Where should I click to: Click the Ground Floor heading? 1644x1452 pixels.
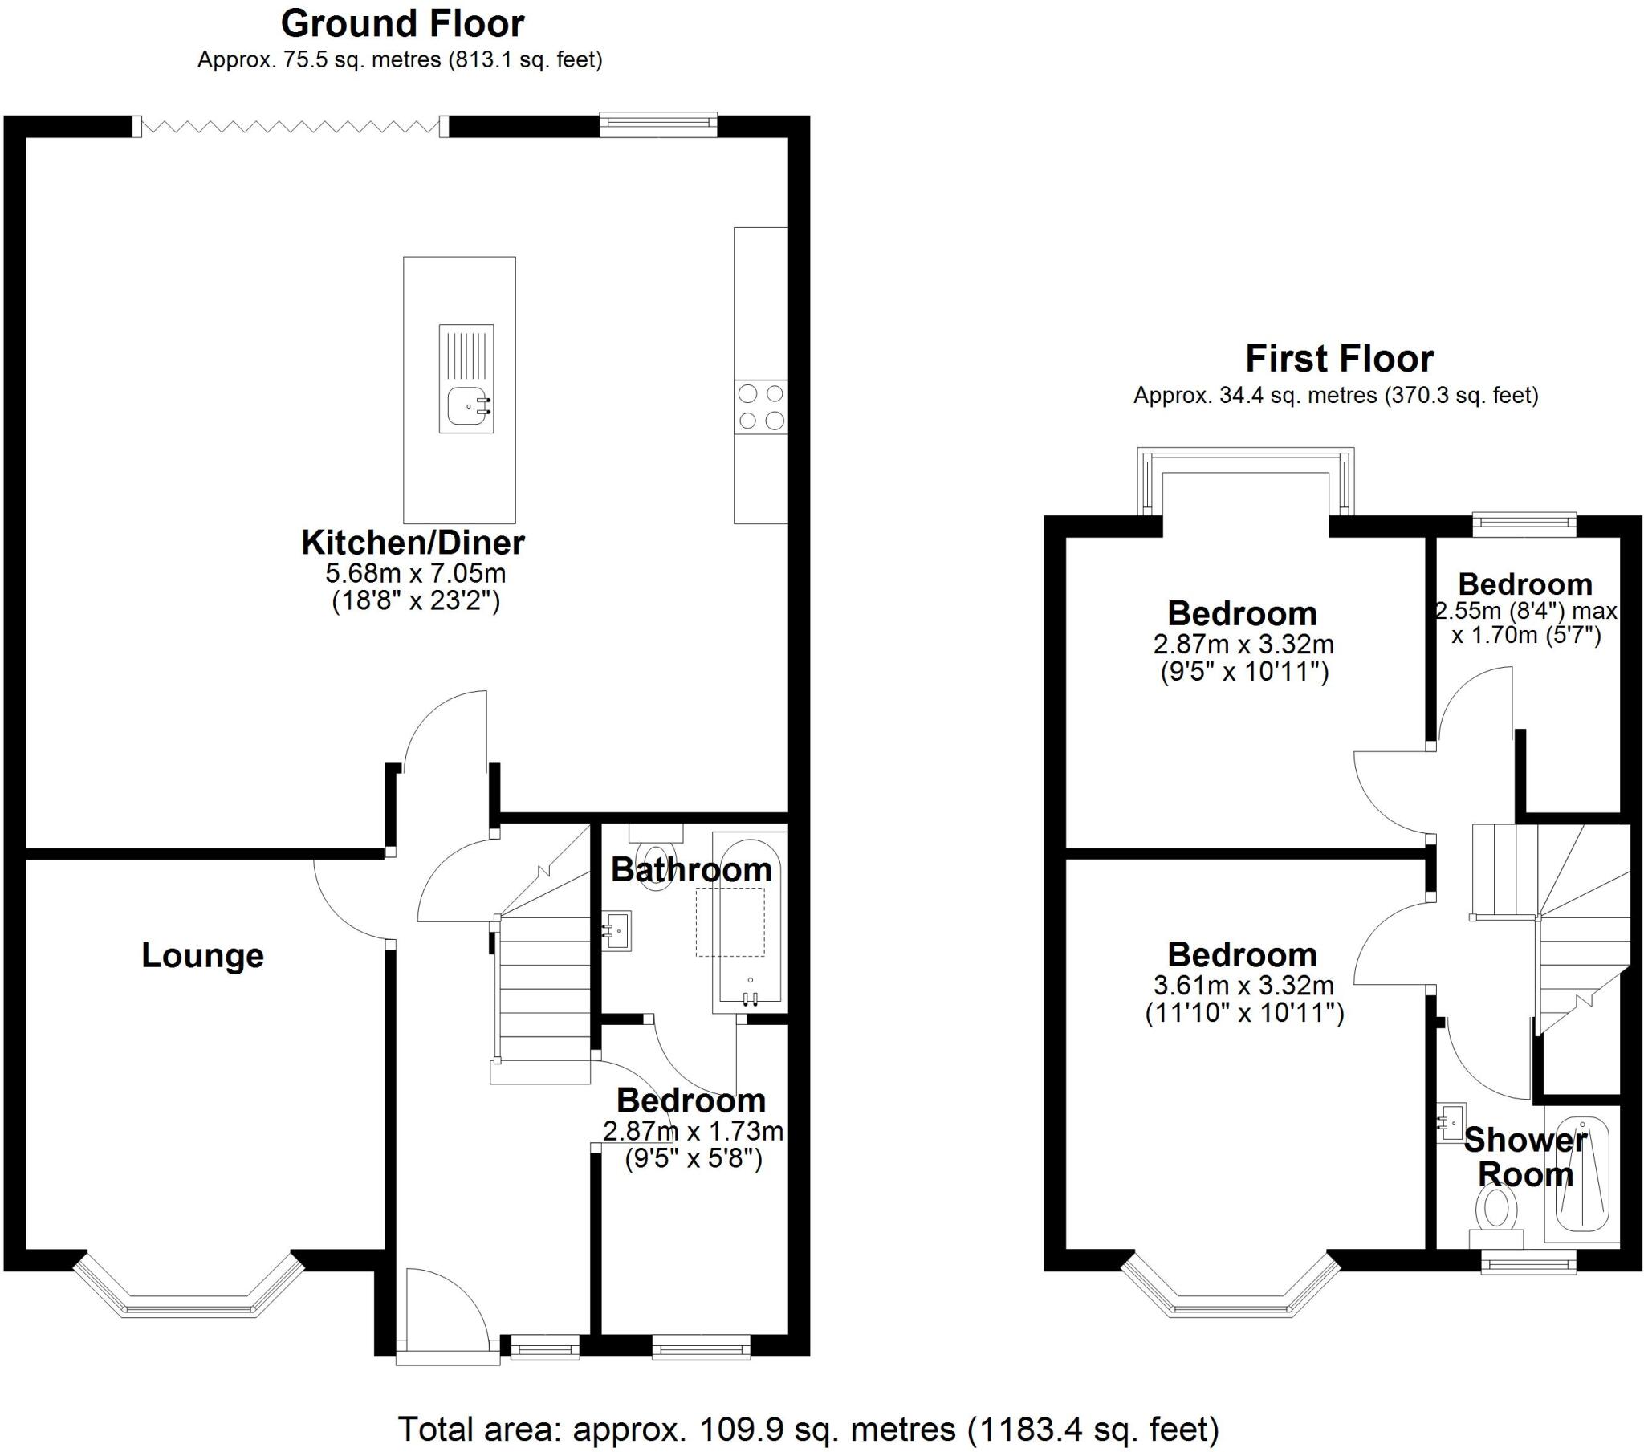click(x=402, y=24)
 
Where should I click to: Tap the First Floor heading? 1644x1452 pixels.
click(x=1339, y=359)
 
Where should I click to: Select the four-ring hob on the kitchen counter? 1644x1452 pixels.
click(x=761, y=407)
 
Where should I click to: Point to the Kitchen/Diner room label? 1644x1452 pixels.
click(x=413, y=543)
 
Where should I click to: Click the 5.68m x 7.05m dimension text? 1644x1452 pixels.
click(x=415, y=574)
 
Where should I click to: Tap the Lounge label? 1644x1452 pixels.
click(x=202, y=956)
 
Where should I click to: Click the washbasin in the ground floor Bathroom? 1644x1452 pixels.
click(x=618, y=931)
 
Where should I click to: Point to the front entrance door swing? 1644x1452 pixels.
click(x=442, y=1312)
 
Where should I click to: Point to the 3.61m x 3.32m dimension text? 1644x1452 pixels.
click(x=1243, y=986)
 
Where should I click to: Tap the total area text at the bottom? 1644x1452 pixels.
click(x=808, y=1430)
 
